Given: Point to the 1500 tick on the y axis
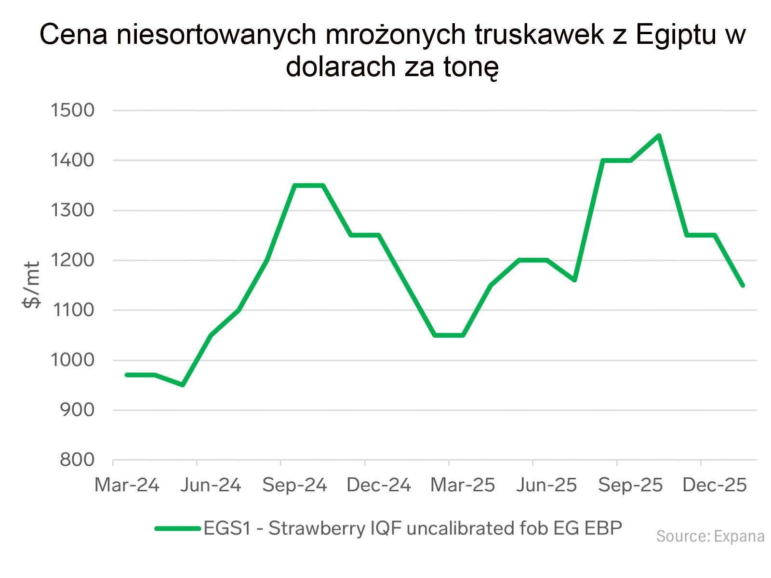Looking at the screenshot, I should pos(73,110).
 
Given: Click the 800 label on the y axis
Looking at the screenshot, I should pos(77,460).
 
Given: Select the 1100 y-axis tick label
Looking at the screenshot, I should pos(73,310).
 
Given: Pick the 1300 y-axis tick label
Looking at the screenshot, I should pos(73,210).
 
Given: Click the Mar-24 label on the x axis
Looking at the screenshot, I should pos(127,485).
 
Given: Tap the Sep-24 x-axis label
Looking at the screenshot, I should pos(294,485).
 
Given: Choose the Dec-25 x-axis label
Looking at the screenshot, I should pos(715,485).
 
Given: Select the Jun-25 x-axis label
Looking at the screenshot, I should pos(546,485).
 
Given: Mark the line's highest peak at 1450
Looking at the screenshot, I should pos(659,135).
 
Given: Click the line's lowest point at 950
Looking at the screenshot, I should pos(183,385).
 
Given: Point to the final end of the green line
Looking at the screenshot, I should pos(743,286).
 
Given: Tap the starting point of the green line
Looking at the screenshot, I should pos(127,375).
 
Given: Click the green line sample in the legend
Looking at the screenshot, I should pos(177,528).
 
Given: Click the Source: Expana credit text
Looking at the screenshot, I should pos(710,536).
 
